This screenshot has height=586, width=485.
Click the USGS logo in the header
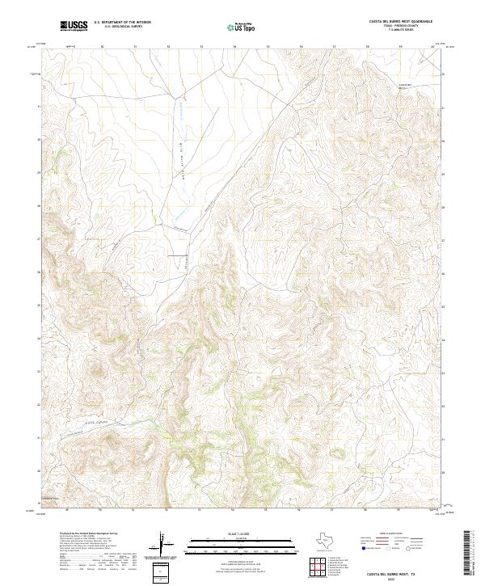point(74,26)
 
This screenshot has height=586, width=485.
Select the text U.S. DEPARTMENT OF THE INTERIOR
point(122,22)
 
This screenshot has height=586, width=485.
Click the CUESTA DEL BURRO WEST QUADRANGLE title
point(402,21)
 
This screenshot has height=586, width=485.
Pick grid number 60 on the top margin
point(432,46)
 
